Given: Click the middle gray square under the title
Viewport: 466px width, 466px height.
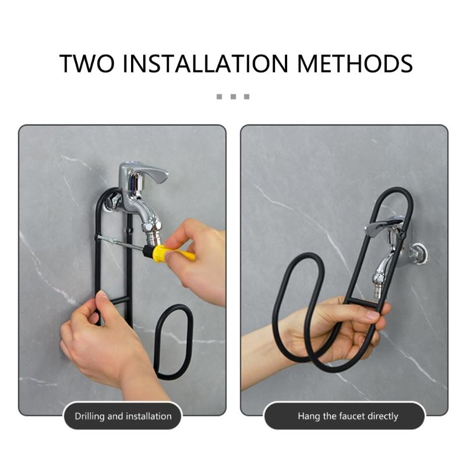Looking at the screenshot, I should [233, 96].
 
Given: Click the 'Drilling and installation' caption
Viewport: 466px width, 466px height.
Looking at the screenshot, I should [123, 416].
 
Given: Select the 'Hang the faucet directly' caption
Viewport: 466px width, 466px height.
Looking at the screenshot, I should [348, 416].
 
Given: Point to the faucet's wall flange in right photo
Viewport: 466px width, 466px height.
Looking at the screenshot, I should [418, 254].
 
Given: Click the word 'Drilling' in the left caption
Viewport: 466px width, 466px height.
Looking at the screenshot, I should [90, 416].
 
